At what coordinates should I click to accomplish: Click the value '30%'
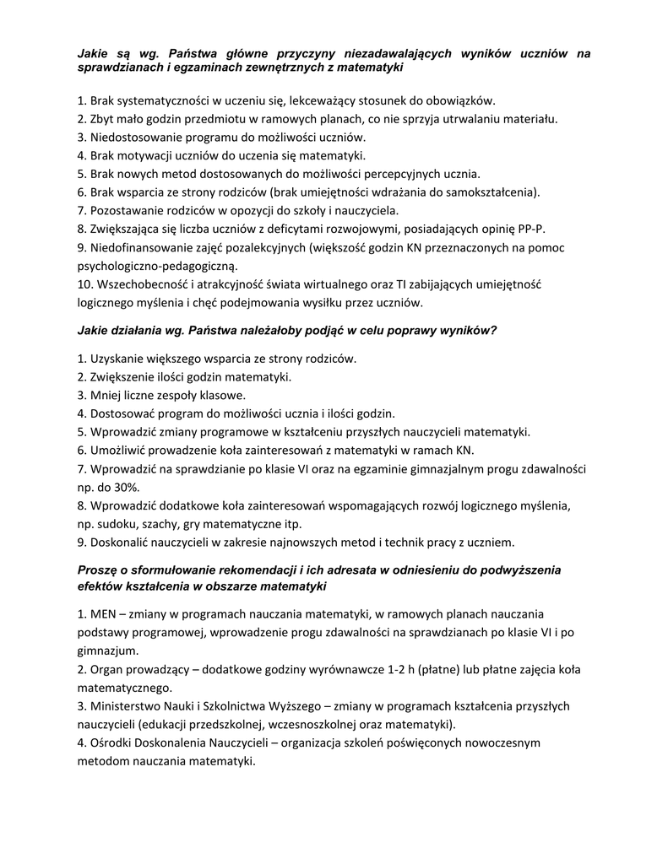(124, 487)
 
